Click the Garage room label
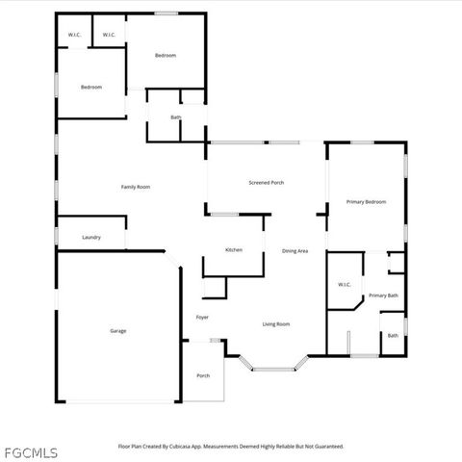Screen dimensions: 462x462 click(x=117, y=331)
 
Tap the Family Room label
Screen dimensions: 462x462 click(x=135, y=187)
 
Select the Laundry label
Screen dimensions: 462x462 click(x=91, y=237)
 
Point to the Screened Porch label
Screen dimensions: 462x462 click(x=267, y=182)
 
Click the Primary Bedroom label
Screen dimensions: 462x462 click(x=367, y=202)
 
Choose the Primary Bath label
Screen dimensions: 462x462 click(x=383, y=295)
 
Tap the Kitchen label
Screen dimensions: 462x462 click(x=234, y=250)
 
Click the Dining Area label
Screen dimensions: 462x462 click(x=295, y=251)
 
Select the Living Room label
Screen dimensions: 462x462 click(x=276, y=324)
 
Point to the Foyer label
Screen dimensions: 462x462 click(x=202, y=318)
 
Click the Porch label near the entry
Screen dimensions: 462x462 click(x=203, y=375)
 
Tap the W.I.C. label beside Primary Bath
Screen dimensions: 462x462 click(x=345, y=285)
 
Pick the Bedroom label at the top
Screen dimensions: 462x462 click(x=166, y=55)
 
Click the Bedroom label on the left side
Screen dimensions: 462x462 click(x=91, y=88)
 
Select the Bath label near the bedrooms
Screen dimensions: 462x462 click(x=176, y=117)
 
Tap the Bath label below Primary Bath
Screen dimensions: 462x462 click(x=393, y=336)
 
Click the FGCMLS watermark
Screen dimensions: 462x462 click(x=31, y=452)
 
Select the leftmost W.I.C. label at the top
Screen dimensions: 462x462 click(x=74, y=36)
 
